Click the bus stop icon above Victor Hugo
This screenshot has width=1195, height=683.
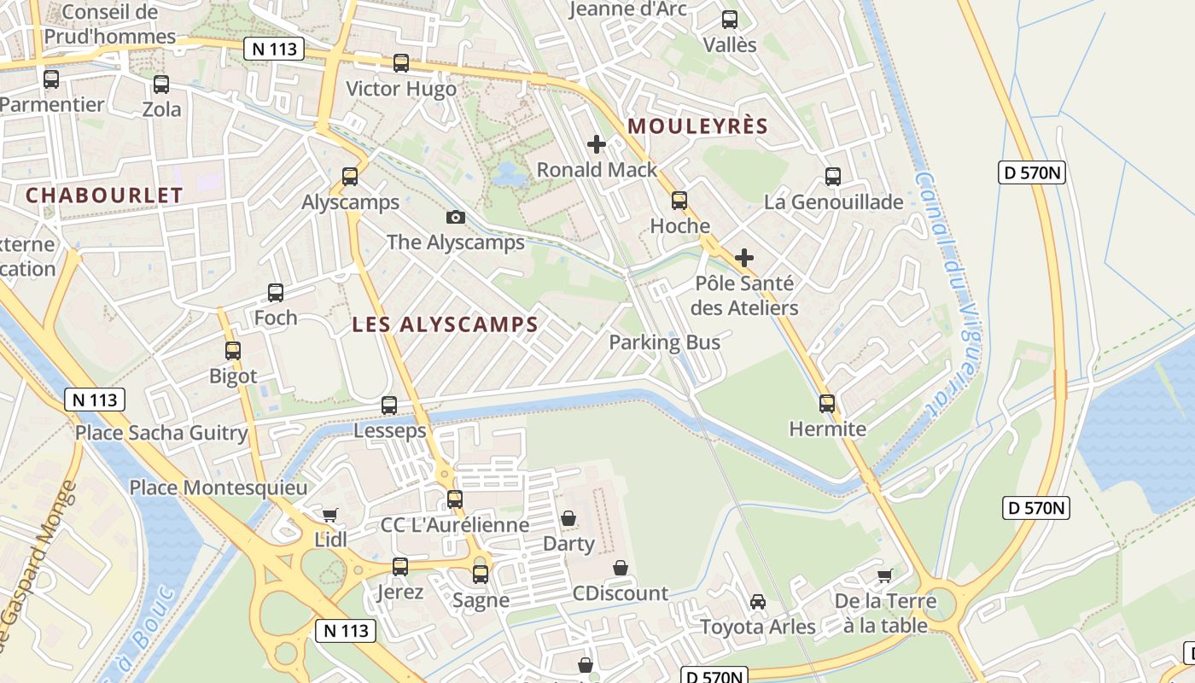[400, 63]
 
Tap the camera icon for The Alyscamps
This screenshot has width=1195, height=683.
[456, 217]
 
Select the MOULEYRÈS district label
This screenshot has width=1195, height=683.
[698, 126]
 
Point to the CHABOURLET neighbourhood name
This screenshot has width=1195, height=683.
[104, 195]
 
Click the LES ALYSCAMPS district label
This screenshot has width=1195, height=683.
[445, 324]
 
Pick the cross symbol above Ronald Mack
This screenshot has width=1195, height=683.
[597, 144]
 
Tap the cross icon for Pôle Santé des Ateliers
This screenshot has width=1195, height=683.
[744, 257]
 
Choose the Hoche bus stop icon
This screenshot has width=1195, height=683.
[679, 201]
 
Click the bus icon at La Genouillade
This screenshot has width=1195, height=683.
[833, 177]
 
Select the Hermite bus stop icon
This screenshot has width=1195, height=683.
[827, 404]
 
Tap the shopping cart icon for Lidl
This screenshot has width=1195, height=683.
[330, 515]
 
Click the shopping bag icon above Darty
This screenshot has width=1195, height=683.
[568, 518]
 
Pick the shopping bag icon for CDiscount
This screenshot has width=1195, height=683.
[621, 568]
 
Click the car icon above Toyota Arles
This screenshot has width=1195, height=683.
[758, 602]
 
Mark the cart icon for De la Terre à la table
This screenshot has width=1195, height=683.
[884, 575]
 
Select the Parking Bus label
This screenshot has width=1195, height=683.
[664, 342]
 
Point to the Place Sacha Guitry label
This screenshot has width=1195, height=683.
[161, 432]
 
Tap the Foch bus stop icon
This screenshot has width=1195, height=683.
[276, 293]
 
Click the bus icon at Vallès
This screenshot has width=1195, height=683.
[730, 20]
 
